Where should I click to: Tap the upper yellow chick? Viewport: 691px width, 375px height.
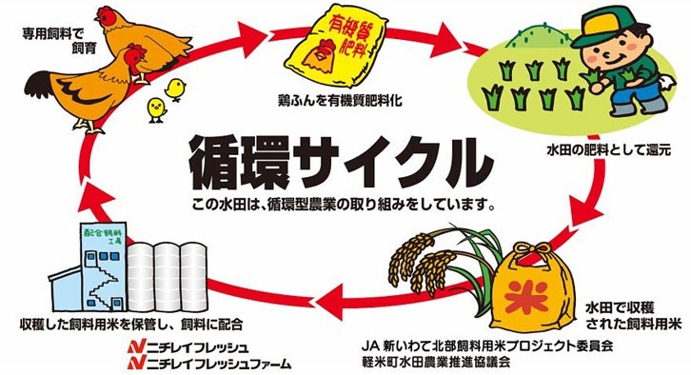click(x=175, y=88)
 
